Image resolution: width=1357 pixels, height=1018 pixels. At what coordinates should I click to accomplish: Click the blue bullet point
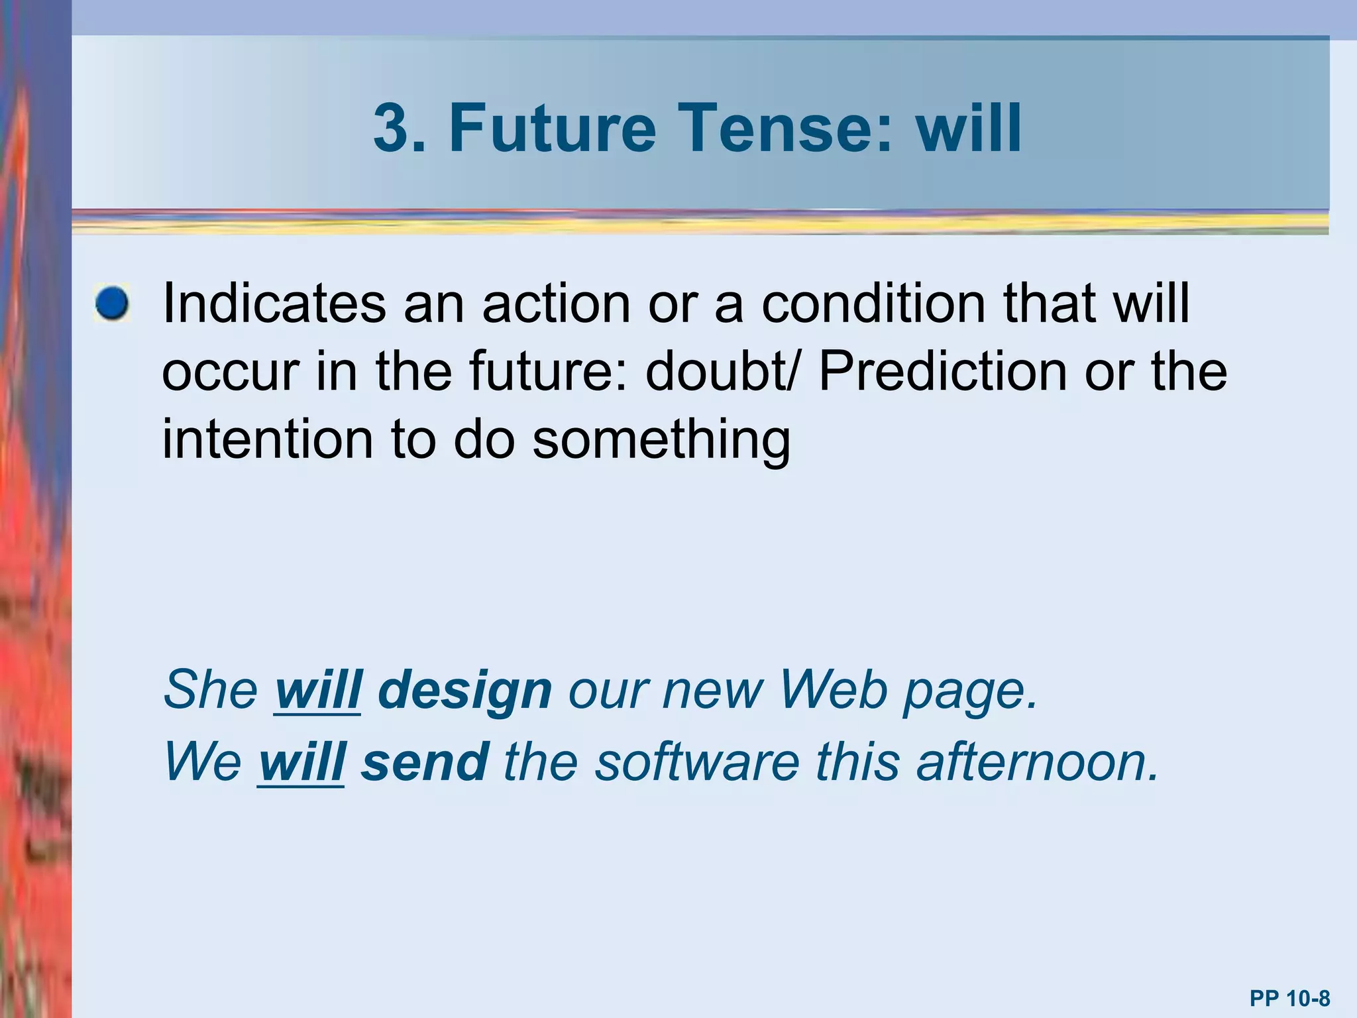[x=112, y=304]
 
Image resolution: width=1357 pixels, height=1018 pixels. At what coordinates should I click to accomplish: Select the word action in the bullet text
[x=556, y=303]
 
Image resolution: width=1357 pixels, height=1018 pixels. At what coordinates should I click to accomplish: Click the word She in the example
[x=211, y=689]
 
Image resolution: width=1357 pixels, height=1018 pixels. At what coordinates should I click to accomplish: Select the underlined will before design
[x=318, y=689]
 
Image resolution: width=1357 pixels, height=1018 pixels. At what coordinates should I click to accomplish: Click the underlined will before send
[x=301, y=762]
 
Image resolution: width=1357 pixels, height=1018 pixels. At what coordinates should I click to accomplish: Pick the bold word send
[x=425, y=762]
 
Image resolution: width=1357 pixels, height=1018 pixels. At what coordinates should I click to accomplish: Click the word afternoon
[x=1038, y=762]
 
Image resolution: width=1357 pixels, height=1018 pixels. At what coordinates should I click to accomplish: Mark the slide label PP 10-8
[x=1289, y=998]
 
